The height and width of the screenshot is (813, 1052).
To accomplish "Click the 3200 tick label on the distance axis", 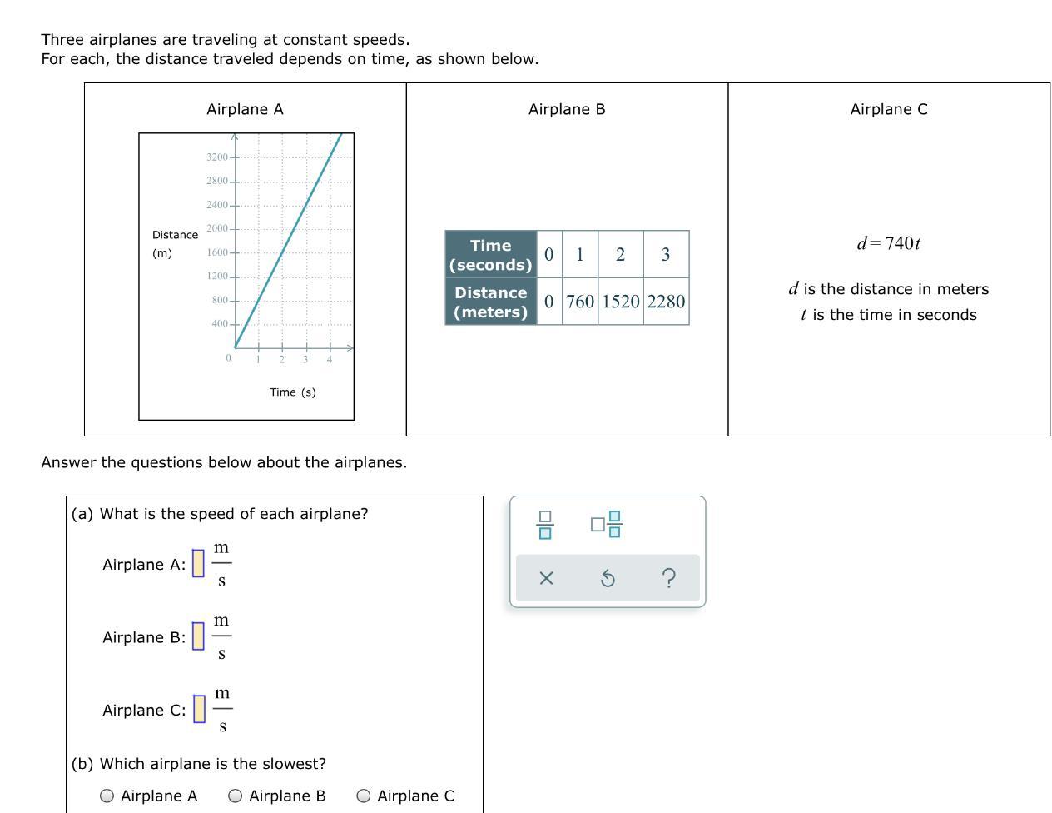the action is [x=216, y=157].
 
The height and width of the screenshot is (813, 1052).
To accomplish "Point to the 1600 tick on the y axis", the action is [x=216, y=252].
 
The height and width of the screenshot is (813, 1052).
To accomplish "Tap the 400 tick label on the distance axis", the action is [x=220, y=323].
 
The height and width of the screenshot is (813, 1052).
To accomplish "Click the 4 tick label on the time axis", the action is [x=330, y=360].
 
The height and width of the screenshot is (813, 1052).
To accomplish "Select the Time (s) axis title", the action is [x=292, y=392].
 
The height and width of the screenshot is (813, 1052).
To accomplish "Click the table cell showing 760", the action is [x=579, y=302].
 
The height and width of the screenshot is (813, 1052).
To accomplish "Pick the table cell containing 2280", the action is [x=666, y=302].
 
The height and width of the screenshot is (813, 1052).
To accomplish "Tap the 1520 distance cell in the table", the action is [x=621, y=302].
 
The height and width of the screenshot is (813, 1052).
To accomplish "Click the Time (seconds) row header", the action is [x=490, y=254].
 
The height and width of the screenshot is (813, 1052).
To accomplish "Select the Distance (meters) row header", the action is [x=490, y=302].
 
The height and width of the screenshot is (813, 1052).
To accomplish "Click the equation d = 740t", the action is [x=888, y=242].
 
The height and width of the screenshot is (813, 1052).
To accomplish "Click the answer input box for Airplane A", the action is [x=198, y=563].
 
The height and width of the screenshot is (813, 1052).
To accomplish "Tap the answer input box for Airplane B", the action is [x=198, y=636].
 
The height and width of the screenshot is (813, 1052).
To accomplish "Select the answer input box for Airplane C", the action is [x=199, y=708].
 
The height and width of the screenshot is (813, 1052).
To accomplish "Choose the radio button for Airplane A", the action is [x=107, y=796].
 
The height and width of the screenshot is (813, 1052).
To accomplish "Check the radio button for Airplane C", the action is [x=363, y=796].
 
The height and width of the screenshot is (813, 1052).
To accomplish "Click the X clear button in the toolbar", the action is [x=546, y=578].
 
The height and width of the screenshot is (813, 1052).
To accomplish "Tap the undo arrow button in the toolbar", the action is [x=608, y=578].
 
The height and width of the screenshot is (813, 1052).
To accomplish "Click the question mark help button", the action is [x=669, y=578].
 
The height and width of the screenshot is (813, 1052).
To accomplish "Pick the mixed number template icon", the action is [x=606, y=524].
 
